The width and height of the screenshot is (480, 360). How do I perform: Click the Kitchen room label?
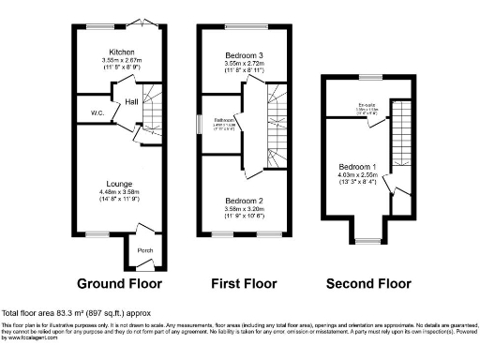(x=122, y=52)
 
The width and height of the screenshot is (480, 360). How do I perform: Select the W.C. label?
(x=97, y=112)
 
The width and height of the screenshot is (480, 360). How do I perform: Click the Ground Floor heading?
(x=119, y=282)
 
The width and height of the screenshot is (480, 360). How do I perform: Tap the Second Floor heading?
(x=368, y=282)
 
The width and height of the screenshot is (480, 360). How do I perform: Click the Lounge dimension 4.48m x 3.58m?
(x=119, y=192)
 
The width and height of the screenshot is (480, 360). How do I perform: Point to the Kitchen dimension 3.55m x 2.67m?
(x=122, y=60)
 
